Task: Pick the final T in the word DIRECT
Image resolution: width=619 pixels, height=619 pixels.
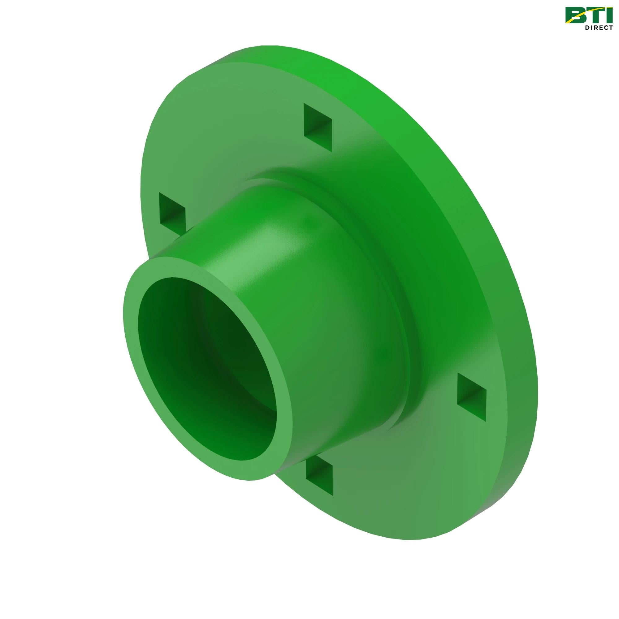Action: (610, 28)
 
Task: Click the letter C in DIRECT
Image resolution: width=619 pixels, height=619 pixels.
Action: (606, 28)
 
